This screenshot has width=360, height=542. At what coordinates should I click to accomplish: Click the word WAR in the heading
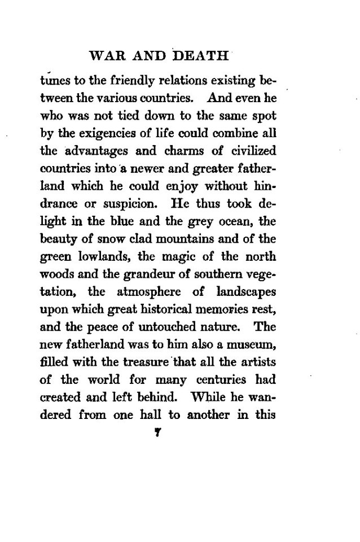point(103,56)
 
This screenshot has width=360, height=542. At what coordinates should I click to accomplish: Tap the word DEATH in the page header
point(203,56)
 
